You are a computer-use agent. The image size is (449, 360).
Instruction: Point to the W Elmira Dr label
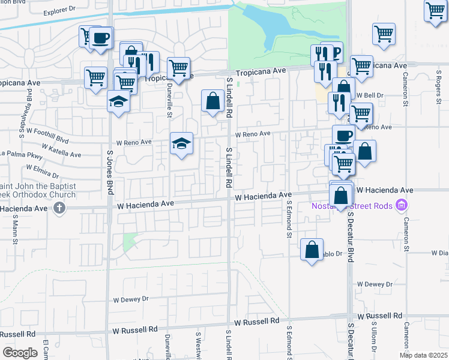point(40,173)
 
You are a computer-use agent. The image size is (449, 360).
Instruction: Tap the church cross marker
point(59,208)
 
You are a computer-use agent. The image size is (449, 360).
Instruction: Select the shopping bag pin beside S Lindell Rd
point(213,101)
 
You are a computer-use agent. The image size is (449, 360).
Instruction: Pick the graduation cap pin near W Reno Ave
point(181,143)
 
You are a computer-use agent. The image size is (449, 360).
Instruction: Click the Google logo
point(20,353)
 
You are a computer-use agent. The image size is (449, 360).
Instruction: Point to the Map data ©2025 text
point(423,355)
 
